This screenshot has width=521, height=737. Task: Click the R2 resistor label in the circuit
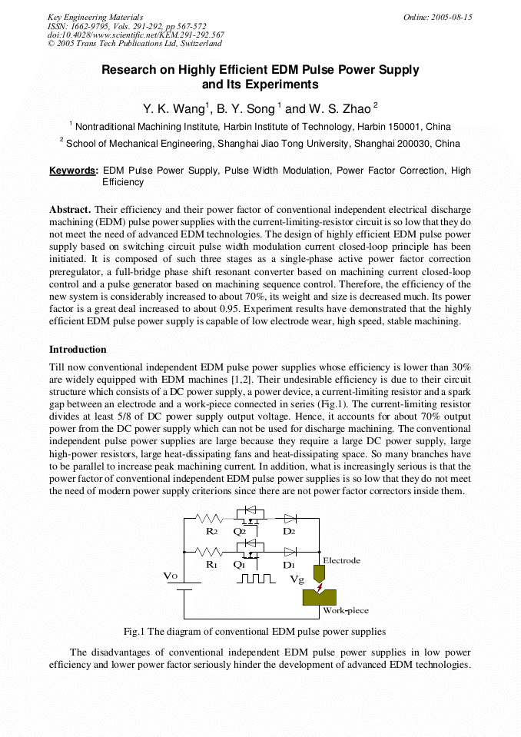[211, 531]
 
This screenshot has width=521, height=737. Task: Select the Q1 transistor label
[240, 565]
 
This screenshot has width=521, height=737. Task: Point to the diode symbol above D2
[290, 519]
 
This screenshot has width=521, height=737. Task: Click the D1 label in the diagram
[289, 565]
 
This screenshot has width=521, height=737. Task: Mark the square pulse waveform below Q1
[255, 579]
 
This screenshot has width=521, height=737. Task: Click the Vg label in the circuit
[297, 579]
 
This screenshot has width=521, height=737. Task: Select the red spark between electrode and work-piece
[320, 588]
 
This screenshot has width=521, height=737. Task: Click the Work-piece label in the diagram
[345, 611]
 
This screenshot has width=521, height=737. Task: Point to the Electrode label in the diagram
[341, 561]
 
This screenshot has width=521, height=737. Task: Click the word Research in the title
[131, 70]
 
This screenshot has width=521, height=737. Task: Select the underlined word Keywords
[73, 171]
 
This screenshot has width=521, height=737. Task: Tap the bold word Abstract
[70, 210]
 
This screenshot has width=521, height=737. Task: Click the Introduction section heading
[78, 350]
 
